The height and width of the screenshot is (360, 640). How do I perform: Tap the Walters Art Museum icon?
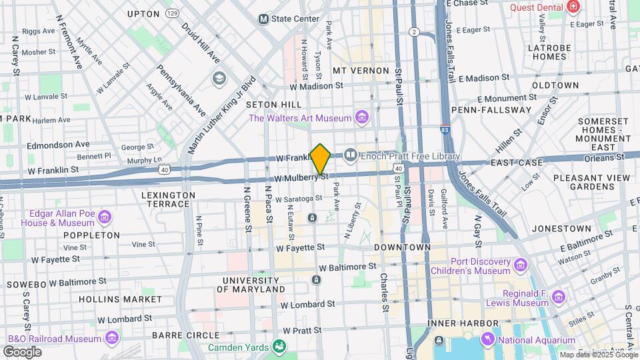(x=361, y=118)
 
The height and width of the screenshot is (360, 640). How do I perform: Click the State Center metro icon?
(x=264, y=19)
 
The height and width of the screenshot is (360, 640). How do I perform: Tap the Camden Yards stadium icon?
(x=279, y=346)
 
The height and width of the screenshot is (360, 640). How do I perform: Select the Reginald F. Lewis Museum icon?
(x=559, y=297)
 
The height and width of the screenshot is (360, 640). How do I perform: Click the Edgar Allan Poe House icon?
(x=104, y=217)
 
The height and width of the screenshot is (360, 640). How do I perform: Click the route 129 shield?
(x=173, y=13)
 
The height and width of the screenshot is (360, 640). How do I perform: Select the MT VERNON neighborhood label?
(x=361, y=71)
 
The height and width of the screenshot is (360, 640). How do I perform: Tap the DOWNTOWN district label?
(x=402, y=247)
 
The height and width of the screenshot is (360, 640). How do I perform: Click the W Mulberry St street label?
(x=301, y=178)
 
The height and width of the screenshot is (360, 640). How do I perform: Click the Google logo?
(x=22, y=351)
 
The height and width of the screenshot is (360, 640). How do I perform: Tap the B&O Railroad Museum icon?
(x=107, y=339)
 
